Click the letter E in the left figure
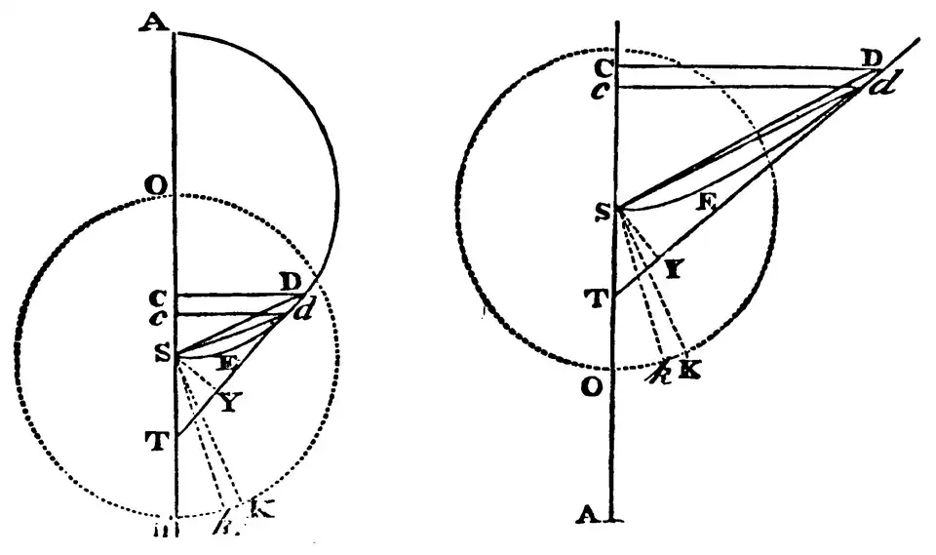[x=226, y=362]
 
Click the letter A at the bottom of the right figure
[x=590, y=517]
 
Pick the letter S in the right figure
[x=602, y=207]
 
